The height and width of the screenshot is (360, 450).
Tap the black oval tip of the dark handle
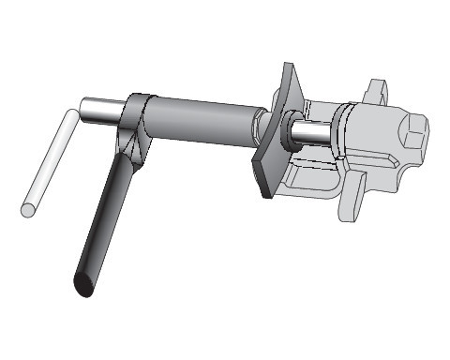point(82,283)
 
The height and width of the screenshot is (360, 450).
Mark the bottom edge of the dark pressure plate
point(266,191)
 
